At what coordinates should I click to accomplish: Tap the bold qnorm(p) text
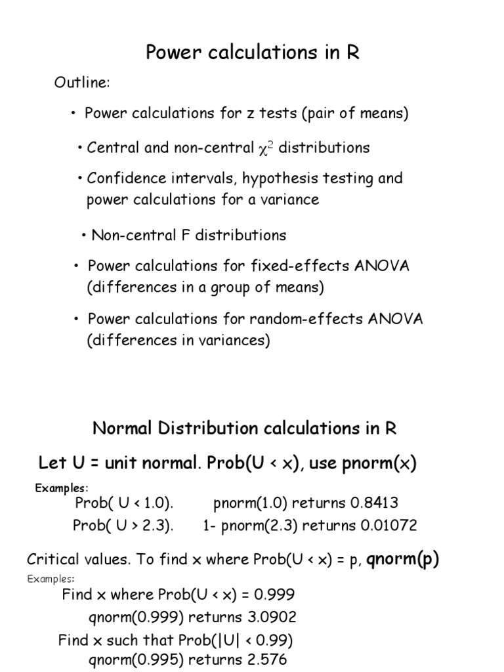click(403, 559)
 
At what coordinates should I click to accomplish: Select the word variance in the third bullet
click(291, 199)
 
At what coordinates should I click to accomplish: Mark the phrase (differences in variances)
click(178, 341)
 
